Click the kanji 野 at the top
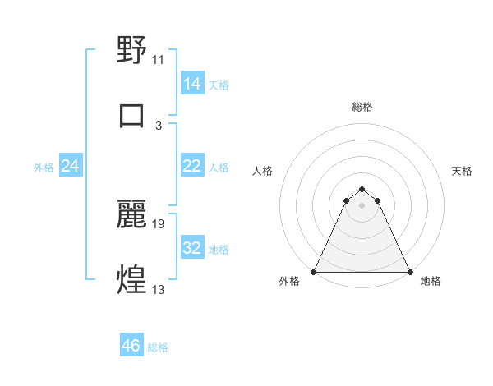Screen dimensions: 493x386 (132, 51)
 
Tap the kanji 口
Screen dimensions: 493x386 (132, 115)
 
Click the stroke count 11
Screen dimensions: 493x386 (159, 60)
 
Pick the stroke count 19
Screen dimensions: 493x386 (159, 223)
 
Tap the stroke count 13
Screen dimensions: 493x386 (159, 288)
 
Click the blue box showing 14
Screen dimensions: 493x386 (191, 84)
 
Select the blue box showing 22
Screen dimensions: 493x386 (191, 166)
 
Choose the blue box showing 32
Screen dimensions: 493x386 (191, 248)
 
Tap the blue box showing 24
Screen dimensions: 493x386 (71, 166)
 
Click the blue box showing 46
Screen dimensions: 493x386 (131, 346)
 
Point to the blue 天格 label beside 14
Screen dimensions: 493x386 (219, 85)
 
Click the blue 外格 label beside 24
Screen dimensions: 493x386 (44, 168)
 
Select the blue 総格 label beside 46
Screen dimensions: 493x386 (158, 347)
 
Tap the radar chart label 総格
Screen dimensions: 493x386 (362, 107)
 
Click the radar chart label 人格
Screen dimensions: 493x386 (262, 171)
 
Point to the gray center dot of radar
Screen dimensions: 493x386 (362, 205)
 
